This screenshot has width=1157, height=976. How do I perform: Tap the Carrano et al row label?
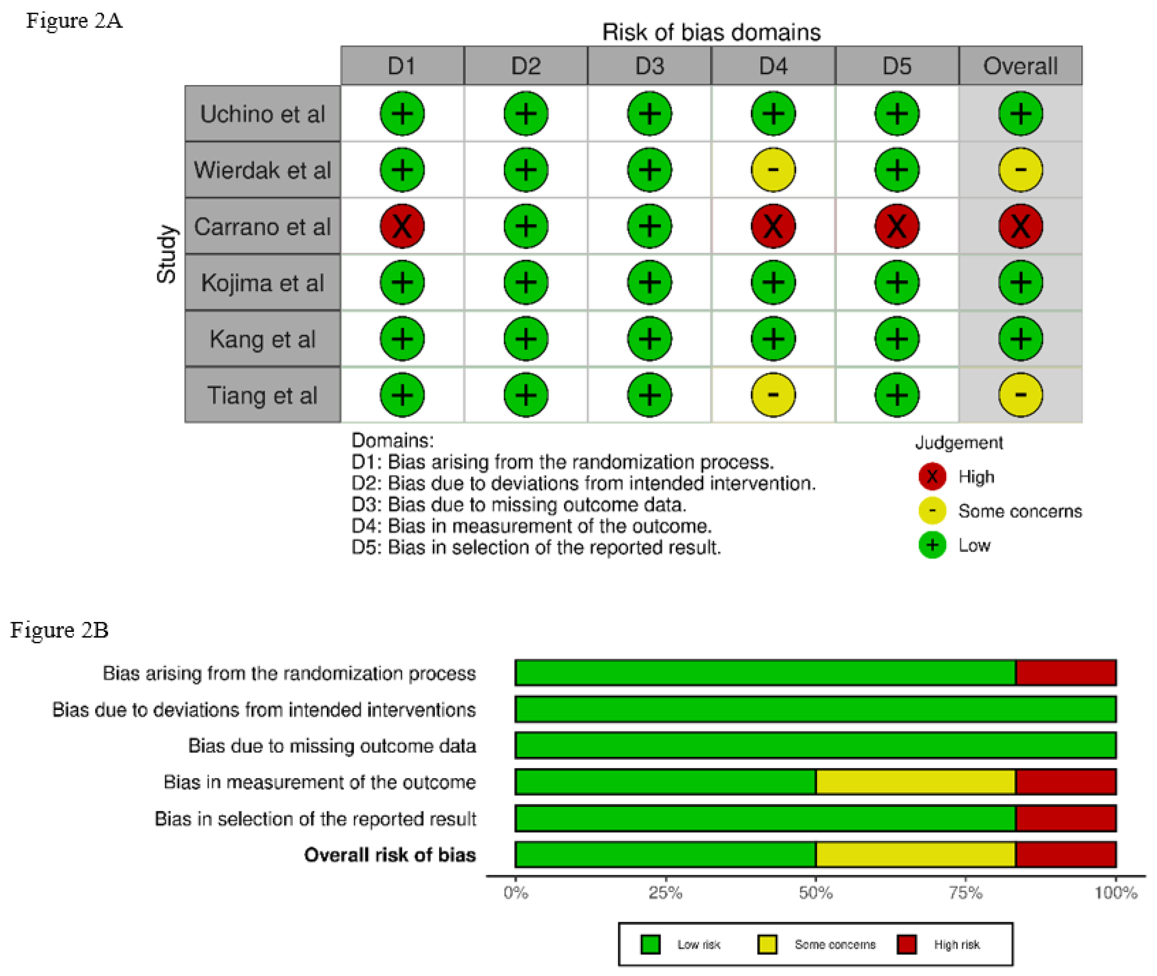(262, 226)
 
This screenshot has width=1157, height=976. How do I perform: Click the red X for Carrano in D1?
(402, 226)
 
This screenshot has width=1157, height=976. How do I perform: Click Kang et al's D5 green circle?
(897, 338)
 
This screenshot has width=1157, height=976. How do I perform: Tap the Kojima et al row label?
(262, 283)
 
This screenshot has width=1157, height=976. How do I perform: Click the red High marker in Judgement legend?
(932, 476)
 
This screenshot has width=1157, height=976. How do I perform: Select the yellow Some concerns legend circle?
(932, 511)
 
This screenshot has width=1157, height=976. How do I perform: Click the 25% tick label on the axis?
(665, 892)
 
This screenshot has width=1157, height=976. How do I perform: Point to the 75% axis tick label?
(966, 892)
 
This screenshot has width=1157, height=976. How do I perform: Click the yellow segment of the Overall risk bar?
(915, 854)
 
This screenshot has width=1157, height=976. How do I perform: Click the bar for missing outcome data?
(815, 745)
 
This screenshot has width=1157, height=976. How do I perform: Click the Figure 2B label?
(59, 630)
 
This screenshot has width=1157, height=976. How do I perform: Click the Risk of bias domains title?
(711, 32)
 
